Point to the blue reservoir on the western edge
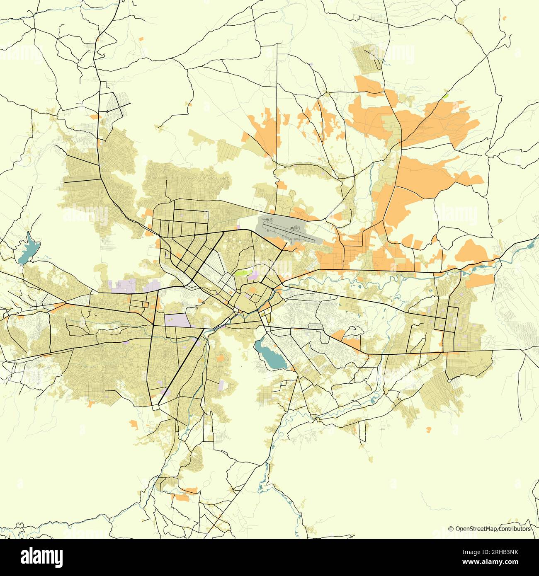28,249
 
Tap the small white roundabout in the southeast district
449,380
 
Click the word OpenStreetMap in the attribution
476,529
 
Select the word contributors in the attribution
515,529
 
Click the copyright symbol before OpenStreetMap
451,529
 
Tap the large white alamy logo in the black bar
42,556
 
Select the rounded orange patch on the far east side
473,251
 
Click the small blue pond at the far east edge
530,245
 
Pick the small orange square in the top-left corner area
141,39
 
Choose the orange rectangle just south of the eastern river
481,280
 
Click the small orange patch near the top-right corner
505,18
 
